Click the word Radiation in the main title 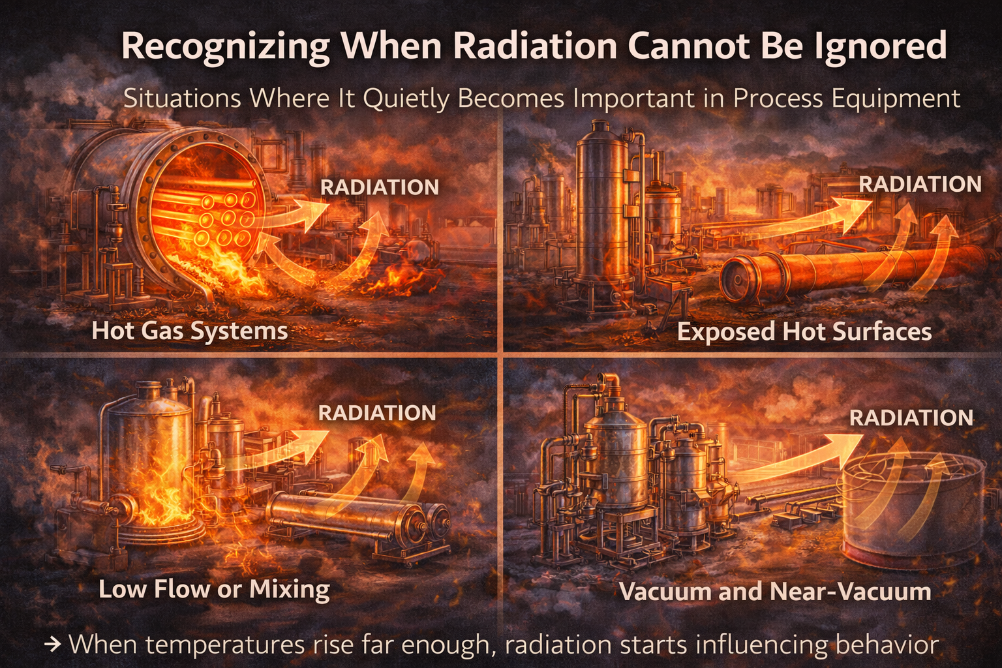(534, 46)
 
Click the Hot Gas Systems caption (190, 331)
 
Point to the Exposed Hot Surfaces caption (804, 332)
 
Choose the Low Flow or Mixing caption (214, 589)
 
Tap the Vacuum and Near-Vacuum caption (774, 592)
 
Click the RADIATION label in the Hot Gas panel (380, 187)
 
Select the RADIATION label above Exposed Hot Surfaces (920, 184)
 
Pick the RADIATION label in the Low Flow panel (377, 413)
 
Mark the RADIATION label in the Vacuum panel (911, 417)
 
